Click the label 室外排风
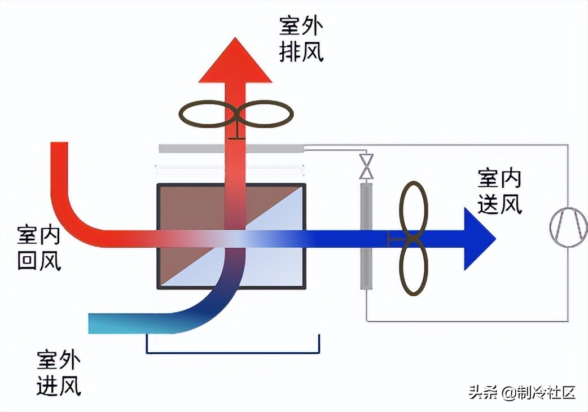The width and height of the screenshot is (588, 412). point(301,39)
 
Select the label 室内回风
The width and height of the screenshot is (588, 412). point(40,247)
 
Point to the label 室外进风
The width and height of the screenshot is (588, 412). point(59,372)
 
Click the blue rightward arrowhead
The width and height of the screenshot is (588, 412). point(479,239)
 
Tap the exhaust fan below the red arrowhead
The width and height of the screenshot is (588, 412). point(236,115)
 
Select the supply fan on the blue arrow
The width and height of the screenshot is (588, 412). point(414,238)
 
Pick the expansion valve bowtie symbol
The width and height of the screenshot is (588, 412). point(367,165)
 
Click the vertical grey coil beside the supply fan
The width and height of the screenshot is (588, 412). point(367,236)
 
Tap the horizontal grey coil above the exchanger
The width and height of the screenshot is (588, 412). point(231,148)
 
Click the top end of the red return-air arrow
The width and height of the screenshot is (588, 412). point(59,148)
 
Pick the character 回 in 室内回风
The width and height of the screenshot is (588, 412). point(28,260)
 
